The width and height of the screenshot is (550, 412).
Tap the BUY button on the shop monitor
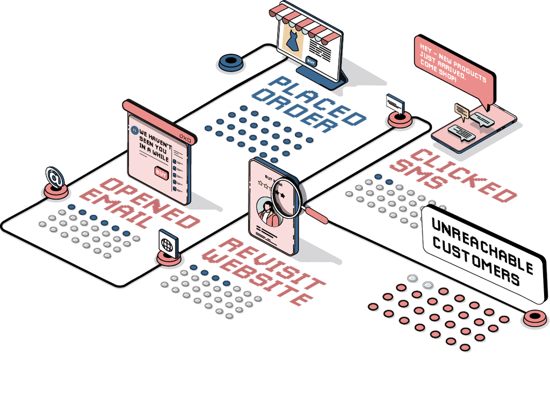[x=311, y=61]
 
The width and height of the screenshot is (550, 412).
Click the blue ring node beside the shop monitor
[x=231, y=62]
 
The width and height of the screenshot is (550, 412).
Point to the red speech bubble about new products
[x=453, y=69]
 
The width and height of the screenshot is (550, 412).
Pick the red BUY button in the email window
[x=161, y=173]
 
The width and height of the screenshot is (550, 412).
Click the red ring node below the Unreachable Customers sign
[x=534, y=317]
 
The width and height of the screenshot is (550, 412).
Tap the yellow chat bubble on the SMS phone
[x=461, y=110]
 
